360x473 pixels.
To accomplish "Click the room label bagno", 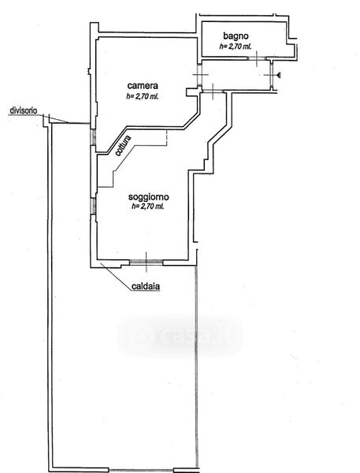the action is (x=236, y=36).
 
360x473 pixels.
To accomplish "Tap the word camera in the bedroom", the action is (x=143, y=86).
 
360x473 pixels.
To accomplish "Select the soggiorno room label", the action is (x=149, y=197).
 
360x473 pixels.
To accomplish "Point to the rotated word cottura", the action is (x=124, y=146).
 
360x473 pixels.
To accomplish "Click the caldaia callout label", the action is (x=146, y=286).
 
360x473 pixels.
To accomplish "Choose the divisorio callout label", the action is (x=24, y=110).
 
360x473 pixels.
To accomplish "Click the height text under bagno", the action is (x=236, y=47).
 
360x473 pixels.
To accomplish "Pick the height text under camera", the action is (x=143, y=97).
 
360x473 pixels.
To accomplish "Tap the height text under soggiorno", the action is (x=148, y=207).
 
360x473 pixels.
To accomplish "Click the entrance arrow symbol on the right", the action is (x=279, y=75).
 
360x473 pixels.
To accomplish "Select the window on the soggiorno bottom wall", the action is (x=147, y=263).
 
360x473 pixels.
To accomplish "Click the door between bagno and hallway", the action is (x=257, y=58).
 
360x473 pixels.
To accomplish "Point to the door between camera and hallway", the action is (x=199, y=75).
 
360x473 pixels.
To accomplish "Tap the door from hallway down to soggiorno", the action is (x=213, y=91).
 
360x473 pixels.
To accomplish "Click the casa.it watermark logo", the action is (x=180, y=336).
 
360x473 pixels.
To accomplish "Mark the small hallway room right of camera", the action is (x=236, y=75).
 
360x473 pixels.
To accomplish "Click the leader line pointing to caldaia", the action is (x=116, y=276).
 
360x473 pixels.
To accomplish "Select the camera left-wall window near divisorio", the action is (x=94, y=137).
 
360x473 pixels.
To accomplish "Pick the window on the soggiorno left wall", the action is (x=94, y=206).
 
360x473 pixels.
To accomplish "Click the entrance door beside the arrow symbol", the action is (x=272, y=75).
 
